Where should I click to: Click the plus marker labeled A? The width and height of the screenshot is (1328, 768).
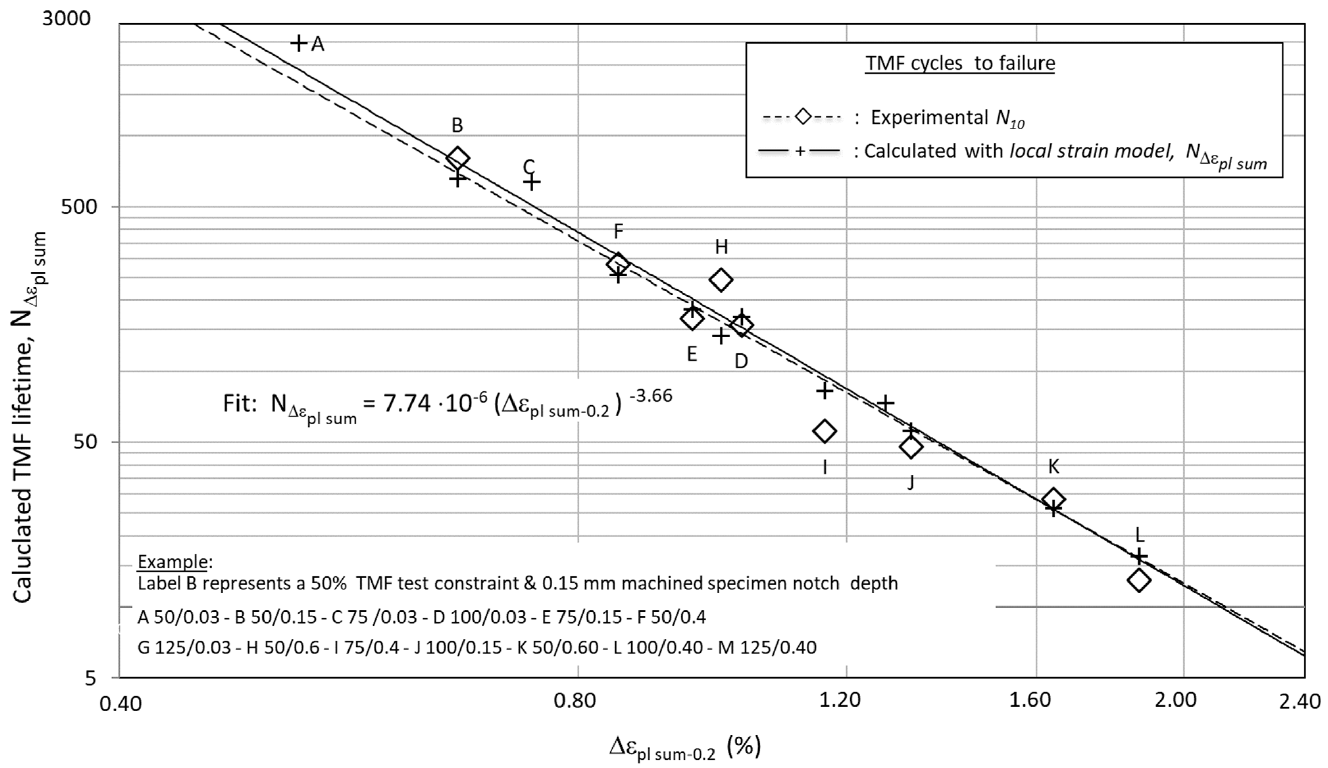click(299, 43)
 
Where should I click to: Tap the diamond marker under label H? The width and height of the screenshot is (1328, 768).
click(721, 279)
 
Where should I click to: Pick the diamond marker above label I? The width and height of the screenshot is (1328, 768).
click(825, 431)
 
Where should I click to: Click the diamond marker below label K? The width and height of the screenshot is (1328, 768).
click(1053, 499)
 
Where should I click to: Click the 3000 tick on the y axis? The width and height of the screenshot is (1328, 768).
click(67, 19)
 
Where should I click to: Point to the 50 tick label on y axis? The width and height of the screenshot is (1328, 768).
click(86, 442)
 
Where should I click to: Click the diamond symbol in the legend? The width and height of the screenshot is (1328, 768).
click(803, 117)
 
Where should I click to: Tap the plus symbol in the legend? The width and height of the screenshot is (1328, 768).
click(799, 152)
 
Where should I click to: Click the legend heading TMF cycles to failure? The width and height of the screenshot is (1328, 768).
click(960, 63)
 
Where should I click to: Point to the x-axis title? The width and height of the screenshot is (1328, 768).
click(685, 747)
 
